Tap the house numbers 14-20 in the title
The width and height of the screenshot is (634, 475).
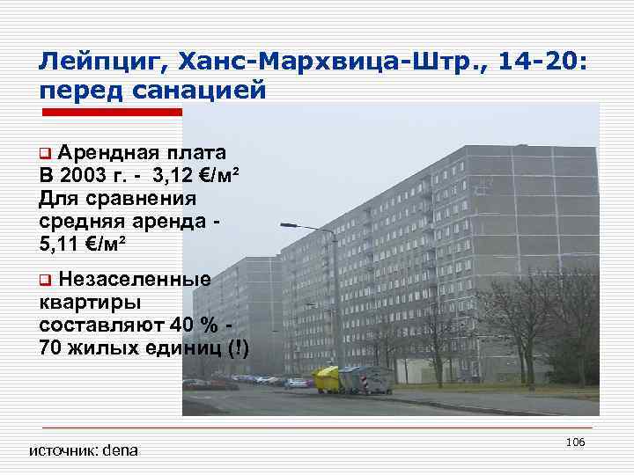coord(544,62)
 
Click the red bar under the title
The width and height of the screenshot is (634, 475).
coord(113,112)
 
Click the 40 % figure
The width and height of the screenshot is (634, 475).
coord(194,325)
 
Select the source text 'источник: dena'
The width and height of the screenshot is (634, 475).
coord(84,450)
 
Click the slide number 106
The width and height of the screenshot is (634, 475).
coord(577,441)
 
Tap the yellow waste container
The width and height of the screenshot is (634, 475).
coord(327,379)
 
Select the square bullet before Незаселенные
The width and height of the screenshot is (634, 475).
coord(45,281)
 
